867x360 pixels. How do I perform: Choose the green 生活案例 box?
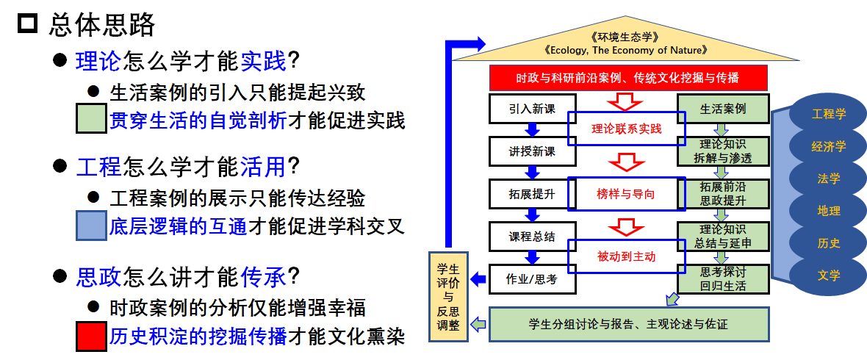coord(723,109)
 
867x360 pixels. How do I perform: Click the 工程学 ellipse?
coord(829,114)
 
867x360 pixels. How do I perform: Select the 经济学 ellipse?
coord(829,146)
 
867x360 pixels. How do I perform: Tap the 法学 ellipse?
coord(829,179)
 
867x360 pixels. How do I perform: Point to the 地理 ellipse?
coord(829,211)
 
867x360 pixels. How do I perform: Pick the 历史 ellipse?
coord(829,243)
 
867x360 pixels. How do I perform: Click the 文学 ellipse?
coord(829,276)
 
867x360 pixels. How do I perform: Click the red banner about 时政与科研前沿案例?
coord(628,78)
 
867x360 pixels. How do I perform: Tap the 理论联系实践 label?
coord(627,129)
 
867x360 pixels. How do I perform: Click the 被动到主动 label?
coord(627,256)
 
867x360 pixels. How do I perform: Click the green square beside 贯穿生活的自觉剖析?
coord(91,119)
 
